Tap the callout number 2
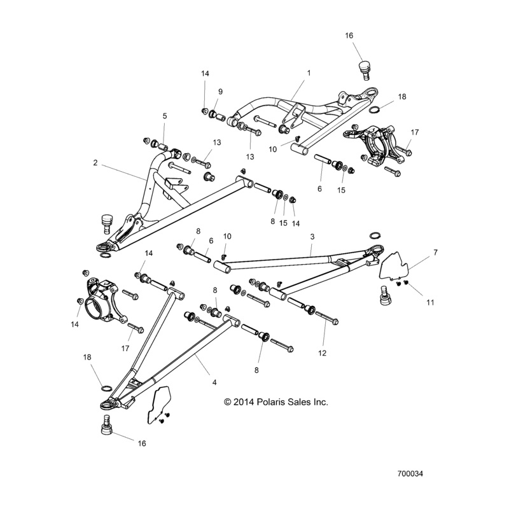[x=95, y=163]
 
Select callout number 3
[x=312, y=236]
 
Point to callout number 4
[x=214, y=382]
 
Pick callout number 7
[x=435, y=253]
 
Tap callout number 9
[x=220, y=91]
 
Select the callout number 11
[x=430, y=303]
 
